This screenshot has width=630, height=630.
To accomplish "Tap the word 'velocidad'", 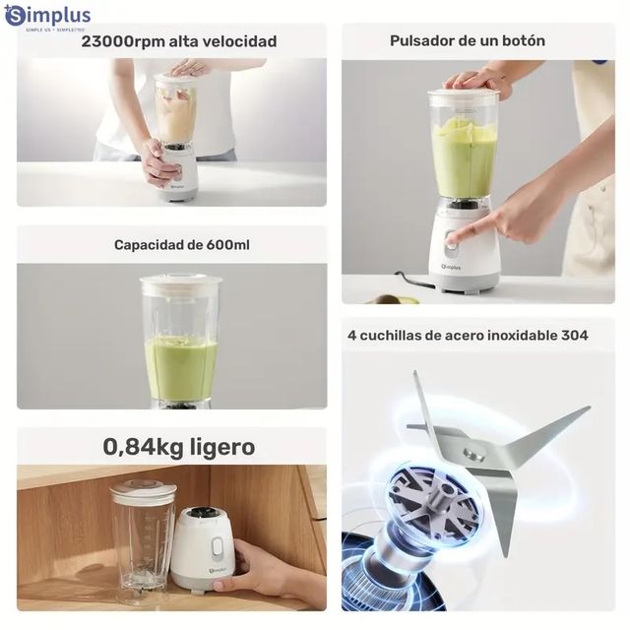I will coord(240,41).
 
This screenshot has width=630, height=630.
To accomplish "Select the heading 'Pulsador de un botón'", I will coord(467,40).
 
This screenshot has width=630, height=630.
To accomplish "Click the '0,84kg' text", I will coord(146,447).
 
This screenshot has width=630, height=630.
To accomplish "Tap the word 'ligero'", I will coord(222,447).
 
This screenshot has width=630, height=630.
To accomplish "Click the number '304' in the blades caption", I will coord(575,335).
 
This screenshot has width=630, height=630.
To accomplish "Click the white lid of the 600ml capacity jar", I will coord(180,284).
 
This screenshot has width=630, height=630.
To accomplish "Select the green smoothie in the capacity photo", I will coord(181,368).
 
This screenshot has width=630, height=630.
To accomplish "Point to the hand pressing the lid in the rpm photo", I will coord(189,67).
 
